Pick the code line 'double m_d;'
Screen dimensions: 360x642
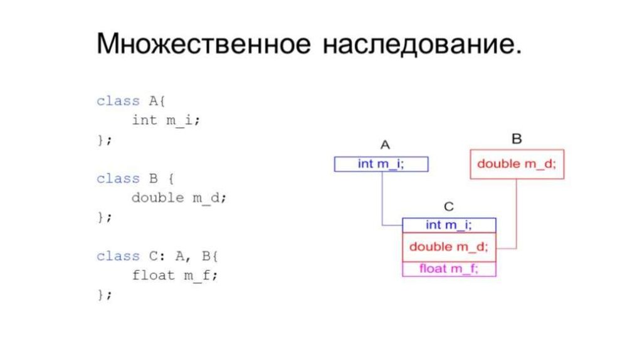click(x=178, y=198)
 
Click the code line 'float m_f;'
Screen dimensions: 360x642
click(x=174, y=275)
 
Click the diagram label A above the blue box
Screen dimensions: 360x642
click(x=385, y=145)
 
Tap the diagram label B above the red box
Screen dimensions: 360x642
click(x=517, y=139)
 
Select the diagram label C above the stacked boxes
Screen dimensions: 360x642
click(x=448, y=206)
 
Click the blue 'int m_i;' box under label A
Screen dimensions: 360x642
click(x=381, y=164)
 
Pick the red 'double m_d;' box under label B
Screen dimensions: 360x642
click(x=517, y=164)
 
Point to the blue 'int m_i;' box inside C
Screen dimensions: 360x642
click(x=448, y=225)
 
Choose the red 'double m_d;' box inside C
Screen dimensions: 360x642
click(x=448, y=246)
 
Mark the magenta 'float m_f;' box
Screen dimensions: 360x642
click(x=448, y=269)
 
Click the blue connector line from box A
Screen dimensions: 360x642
click(x=382, y=201)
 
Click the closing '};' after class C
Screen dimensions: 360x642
click(x=104, y=294)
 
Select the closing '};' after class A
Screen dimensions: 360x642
click(x=104, y=140)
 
